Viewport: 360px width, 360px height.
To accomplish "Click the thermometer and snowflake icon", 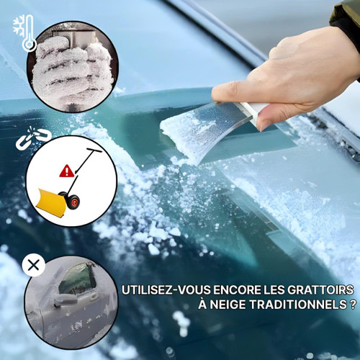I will [x=25, y=34].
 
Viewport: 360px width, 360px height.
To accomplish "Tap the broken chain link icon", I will [x=32, y=138].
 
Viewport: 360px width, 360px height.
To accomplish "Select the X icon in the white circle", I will [x=32, y=266].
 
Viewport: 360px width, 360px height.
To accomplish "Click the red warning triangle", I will [x=67, y=171].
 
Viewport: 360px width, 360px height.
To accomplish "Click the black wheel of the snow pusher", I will [x=73, y=201].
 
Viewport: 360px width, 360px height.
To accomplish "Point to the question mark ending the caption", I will [x=354, y=305].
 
